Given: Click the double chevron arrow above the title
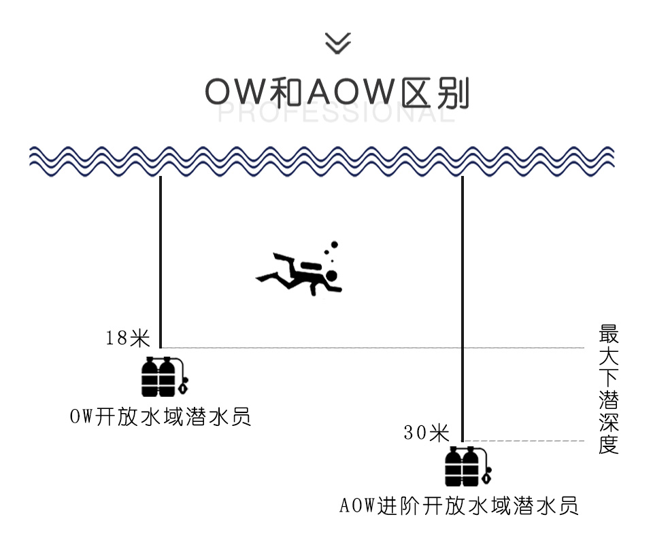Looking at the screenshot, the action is [338, 43].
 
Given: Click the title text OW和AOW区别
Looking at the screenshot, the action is [337, 92].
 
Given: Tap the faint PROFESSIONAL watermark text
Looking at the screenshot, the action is [337, 113].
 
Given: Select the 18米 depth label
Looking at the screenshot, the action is [127, 338].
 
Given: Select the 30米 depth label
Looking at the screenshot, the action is [426, 433].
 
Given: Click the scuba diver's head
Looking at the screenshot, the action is [331, 276].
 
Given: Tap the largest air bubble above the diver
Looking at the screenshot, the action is [335, 245].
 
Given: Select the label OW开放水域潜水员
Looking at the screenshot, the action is [161, 416].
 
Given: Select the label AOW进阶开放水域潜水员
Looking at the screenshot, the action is [459, 505].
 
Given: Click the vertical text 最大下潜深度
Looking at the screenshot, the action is [608, 389].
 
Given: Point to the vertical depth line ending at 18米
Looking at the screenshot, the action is [161, 262].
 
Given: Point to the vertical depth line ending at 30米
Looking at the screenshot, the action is [463, 309].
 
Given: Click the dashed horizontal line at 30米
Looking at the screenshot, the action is [524, 441].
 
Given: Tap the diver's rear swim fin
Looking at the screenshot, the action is [267, 277].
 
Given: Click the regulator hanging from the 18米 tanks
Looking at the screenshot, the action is [183, 385].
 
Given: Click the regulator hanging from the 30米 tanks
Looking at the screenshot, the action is [487, 475].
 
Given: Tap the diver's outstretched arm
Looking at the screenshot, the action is [333, 287].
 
